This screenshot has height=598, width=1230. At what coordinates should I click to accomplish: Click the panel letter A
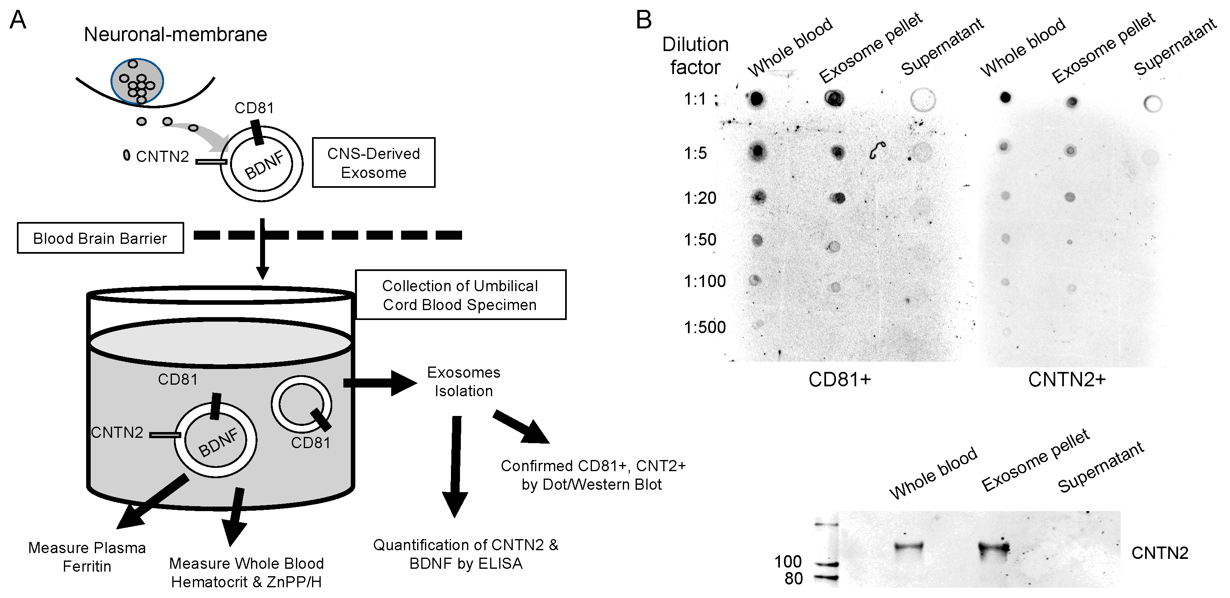pos(18,20)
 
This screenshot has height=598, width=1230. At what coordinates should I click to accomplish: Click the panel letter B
pos(644,20)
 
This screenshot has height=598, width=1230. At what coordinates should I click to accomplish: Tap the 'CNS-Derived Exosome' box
pos(373,163)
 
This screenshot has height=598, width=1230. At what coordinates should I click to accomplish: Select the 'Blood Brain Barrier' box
pos(100,238)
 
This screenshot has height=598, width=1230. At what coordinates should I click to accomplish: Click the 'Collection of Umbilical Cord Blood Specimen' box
pos(460,295)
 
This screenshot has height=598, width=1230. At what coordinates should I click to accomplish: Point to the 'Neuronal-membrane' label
pos(175,34)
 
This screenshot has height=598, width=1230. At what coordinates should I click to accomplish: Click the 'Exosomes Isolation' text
pos(463,381)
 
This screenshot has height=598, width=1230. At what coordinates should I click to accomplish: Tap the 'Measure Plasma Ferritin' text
pos(87,556)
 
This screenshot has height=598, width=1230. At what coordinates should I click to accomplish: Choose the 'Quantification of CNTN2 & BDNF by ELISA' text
pos(465,554)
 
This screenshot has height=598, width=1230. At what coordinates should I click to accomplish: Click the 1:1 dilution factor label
pos(695,99)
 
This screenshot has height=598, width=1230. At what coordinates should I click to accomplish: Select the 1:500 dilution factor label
pos(704,327)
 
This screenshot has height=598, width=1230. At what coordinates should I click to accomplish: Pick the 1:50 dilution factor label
pos(700,239)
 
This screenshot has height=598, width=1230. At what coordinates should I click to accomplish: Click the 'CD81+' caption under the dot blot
pos(839,379)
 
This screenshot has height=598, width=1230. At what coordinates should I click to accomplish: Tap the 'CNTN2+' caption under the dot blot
pos(1067,379)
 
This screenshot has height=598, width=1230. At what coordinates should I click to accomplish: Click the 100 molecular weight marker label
pos(788,561)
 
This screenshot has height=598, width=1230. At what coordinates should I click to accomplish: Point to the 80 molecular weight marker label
pos(793,578)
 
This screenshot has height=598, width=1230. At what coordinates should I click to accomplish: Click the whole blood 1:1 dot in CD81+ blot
pos(757,99)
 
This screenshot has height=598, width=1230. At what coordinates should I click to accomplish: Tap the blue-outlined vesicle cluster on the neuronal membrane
pos(138,81)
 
